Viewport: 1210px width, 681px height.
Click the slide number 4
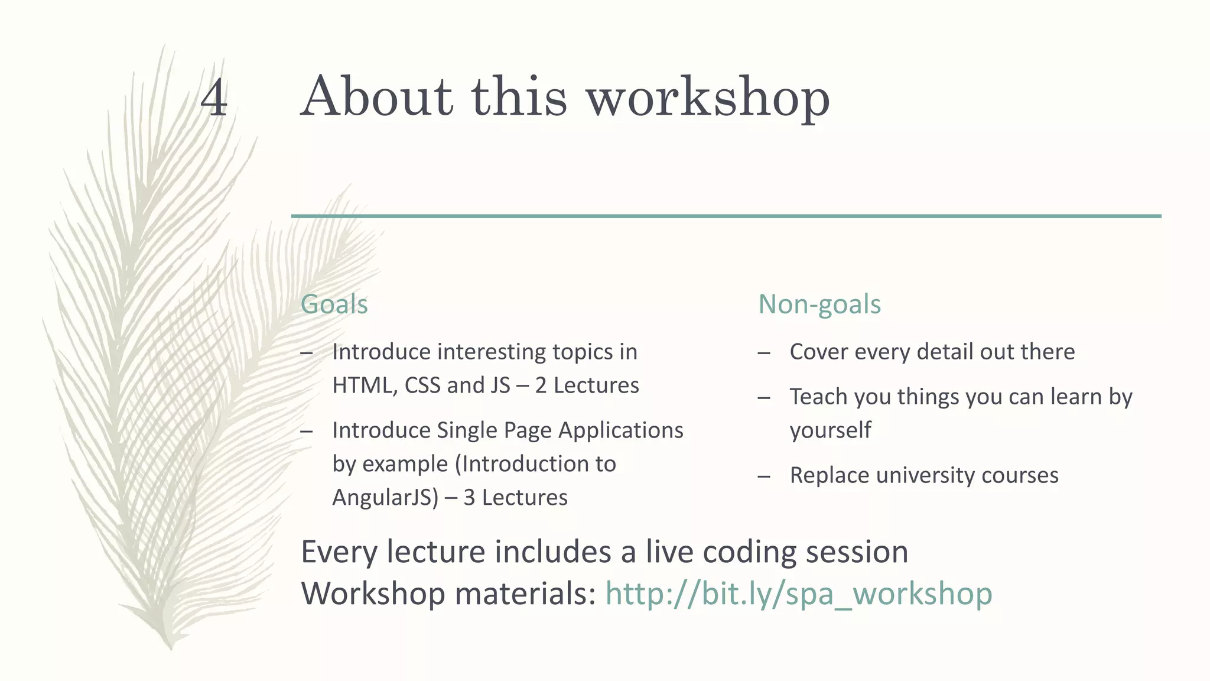(x=214, y=98)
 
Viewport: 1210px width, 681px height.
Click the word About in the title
(x=376, y=96)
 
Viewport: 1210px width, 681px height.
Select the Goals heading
(x=334, y=304)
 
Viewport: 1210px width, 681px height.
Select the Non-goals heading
(x=819, y=304)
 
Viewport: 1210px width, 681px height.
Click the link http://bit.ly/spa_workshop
(x=799, y=594)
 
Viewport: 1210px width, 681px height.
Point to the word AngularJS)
(x=385, y=498)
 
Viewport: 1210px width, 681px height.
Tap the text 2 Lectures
(x=587, y=385)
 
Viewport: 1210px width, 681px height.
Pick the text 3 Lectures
(x=515, y=498)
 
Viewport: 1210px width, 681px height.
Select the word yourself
(x=830, y=430)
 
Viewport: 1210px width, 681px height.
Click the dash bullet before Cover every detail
(x=764, y=353)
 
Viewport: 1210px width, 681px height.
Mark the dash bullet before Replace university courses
(x=764, y=476)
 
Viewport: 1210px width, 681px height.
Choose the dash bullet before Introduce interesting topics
(x=306, y=353)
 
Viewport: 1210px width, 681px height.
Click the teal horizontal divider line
(x=726, y=216)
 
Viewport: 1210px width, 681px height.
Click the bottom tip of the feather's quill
(x=171, y=648)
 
